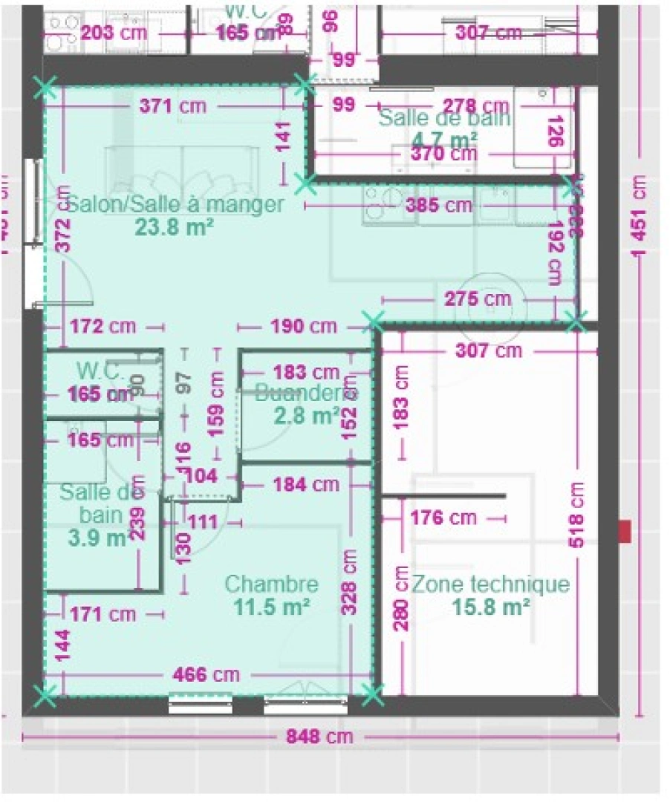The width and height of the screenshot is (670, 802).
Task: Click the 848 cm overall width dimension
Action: pyautogui.click(x=319, y=737)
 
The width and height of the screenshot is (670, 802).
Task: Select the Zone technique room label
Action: pyautogui.click(x=490, y=585)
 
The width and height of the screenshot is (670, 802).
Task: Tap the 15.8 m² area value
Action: pyautogui.click(x=490, y=607)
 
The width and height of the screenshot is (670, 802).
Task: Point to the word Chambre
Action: pyautogui.click(x=271, y=585)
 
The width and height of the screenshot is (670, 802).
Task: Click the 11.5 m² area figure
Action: pyautogui.click(x=271, y=607)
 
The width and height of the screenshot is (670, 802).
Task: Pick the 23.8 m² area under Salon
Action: pyautogui.click(x=175, y=226)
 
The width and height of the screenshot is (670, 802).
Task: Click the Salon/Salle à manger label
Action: pyautogui.click(x=175, y=203)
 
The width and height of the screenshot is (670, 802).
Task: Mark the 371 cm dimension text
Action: pyautogui.click(x=173, y=106)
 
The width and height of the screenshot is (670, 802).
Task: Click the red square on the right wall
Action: pyautogui.click(x=625, y=531)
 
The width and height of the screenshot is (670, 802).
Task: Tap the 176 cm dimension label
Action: pyautogui.click(x=443, y=517)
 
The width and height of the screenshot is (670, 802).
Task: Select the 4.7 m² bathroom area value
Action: pyautogui.click(x=444, y=139)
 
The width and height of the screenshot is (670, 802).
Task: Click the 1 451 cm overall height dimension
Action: pyautogui.click(x=639, y=215)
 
